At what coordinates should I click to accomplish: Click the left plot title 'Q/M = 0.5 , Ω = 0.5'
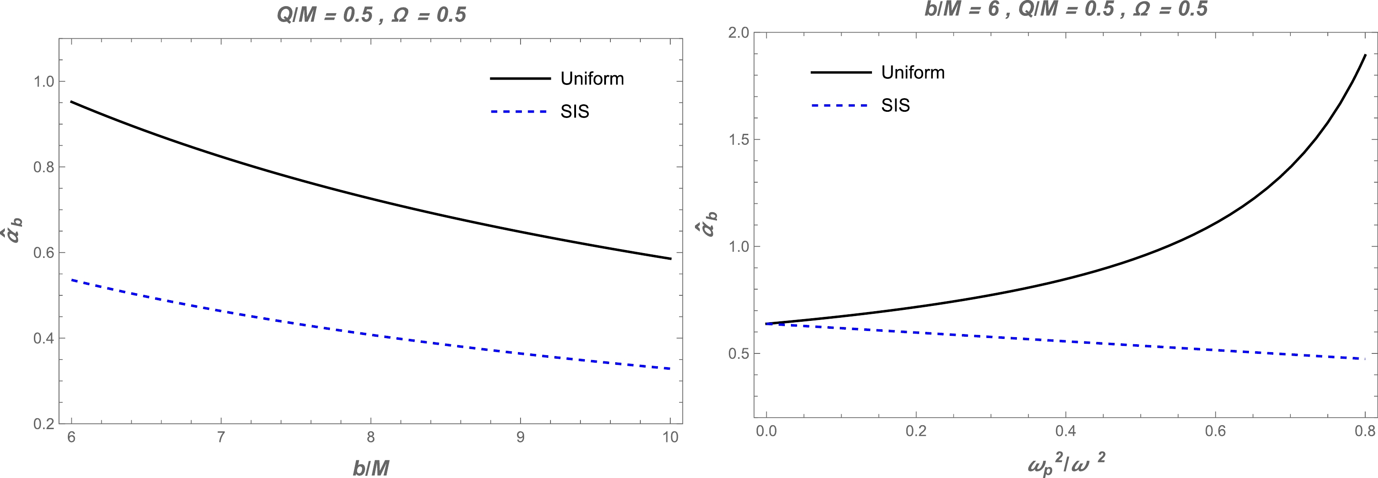(371, 15)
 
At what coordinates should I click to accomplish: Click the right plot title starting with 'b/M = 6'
(1066, 9)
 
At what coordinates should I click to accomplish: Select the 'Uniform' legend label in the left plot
(592, 79)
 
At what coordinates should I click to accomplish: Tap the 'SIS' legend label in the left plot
(575, 111)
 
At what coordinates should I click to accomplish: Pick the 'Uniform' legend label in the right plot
(913, 72)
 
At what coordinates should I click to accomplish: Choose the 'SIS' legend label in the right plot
(895, 105)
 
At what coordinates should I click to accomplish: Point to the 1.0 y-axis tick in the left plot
(44, 81)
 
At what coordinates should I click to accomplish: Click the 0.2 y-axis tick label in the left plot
(44, 424)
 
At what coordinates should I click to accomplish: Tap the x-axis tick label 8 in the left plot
(371, 438)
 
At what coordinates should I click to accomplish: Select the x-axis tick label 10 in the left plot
(670, 438)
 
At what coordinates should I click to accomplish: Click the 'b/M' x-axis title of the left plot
(371, 468)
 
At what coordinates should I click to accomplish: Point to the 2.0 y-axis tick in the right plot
(739, 33)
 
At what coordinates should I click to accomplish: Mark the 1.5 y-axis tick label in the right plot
(739, 140)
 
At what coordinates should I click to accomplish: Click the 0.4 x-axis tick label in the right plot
(1066, 431)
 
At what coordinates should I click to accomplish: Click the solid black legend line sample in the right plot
(841, 72)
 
